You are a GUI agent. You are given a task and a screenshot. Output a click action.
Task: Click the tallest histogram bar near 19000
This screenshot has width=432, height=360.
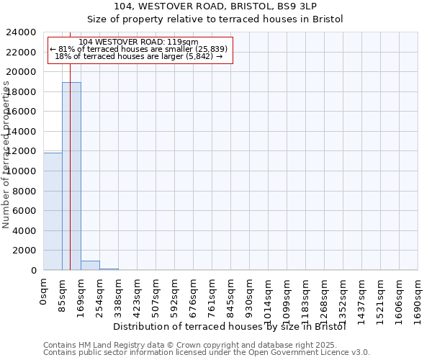[x=71, y=176]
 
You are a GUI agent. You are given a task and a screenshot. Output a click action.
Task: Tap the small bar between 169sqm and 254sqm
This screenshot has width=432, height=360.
[x=90, y=265]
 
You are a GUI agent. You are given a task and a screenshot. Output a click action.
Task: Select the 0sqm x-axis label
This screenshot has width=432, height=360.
[x=44, y=291]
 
